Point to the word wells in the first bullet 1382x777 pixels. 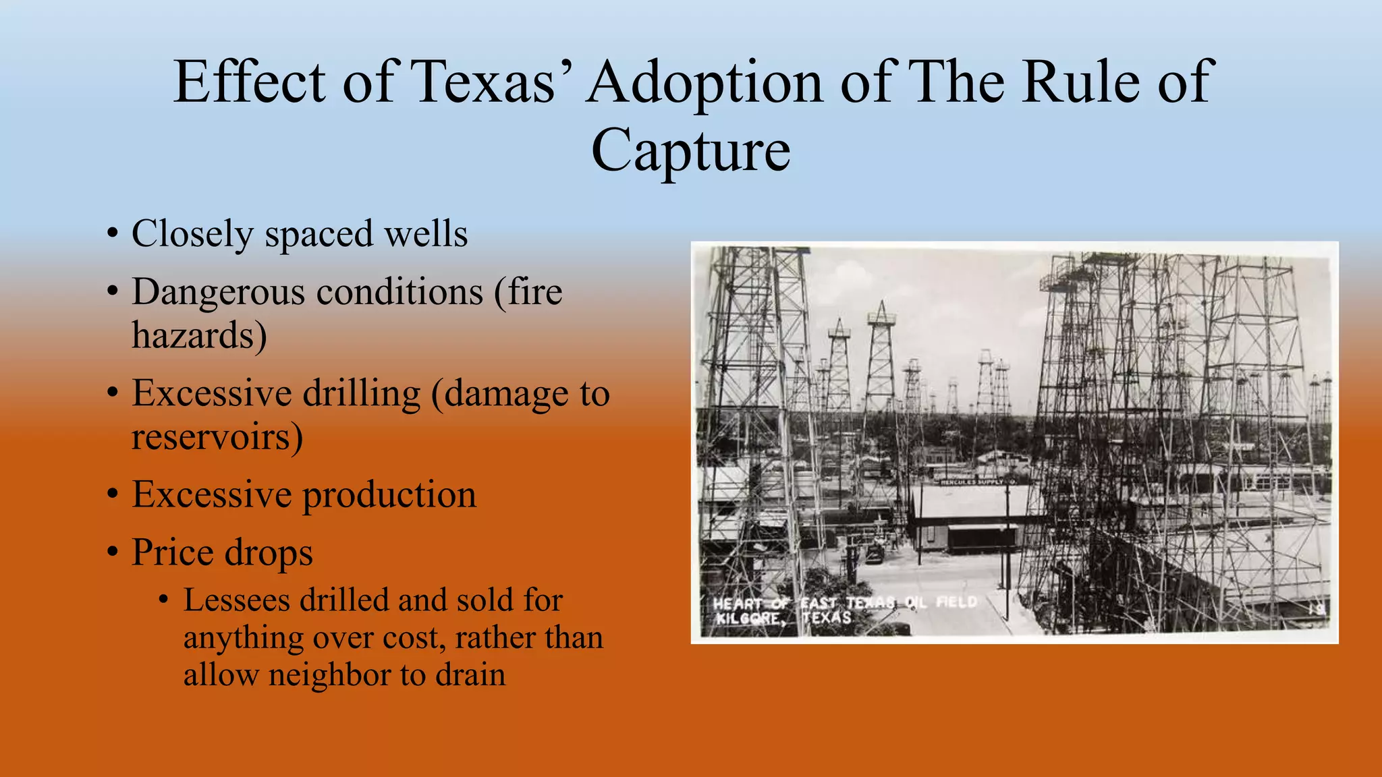tap(425, 234)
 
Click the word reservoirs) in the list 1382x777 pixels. tap(217, 437)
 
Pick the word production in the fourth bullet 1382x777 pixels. tap(389, 495)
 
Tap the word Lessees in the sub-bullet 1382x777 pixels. tap(236, 600)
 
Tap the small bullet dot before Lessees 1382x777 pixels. tap(163, 601)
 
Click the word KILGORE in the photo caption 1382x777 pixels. tap(750, 618)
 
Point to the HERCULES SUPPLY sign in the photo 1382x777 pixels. tap(978, 482)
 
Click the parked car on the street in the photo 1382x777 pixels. tap(875, 554)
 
